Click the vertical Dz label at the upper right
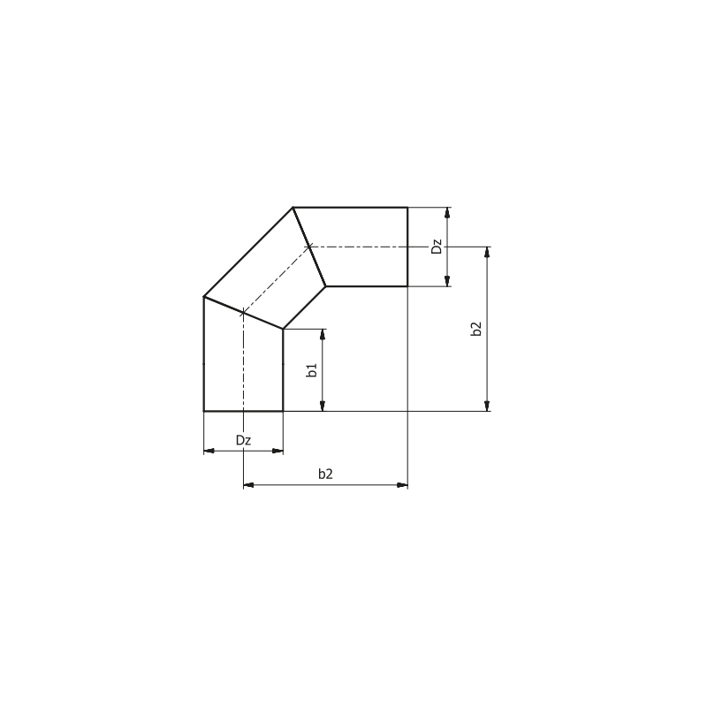click(x=437, y=247)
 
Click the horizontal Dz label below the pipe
click(x=243, y=440)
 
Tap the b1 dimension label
click(x=312, y=370)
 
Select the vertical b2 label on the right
click(x=476, y=329)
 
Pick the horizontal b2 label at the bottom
click(x=325, y=475)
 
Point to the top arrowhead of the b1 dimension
click(x=323, y=334)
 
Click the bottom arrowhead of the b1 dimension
click(x=323, y=407)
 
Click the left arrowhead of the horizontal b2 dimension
click(x=248, y=485)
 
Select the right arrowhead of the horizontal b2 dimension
click(x=402, y=485)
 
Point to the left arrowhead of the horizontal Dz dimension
click(x=209, y=451)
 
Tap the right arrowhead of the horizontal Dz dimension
click(x=278, y=451)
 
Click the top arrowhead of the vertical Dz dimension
click(x=448, y=212)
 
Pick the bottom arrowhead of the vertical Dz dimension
click(x=448, y=281)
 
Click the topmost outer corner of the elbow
click(x=293, y=208)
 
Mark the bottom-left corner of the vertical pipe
click(x=204, y=411)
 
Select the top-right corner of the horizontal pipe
click(x=407, y=208)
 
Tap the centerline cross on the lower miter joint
click(x=243, y=312)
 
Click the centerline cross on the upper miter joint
click(x=308, y=247)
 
